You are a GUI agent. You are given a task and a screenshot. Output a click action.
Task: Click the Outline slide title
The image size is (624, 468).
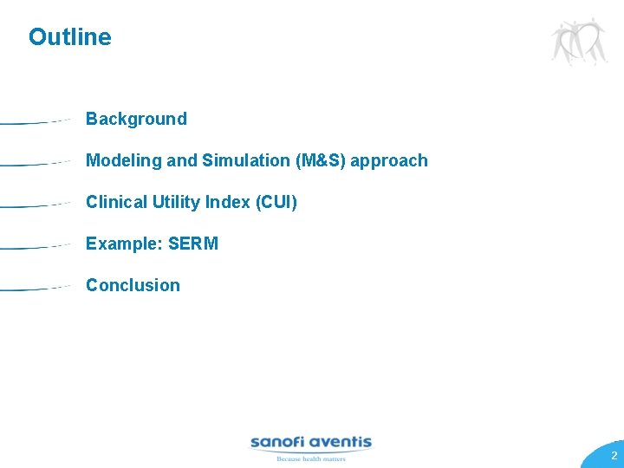coord(69,37)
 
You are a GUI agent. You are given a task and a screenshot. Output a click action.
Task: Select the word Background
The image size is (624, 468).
coord(136,119)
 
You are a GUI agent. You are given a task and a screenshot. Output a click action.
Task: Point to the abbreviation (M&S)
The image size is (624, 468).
coord(320,160)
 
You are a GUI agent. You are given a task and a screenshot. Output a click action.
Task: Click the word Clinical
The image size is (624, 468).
coord(116,202)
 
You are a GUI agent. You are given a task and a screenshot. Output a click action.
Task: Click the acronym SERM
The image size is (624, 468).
coord(193,244)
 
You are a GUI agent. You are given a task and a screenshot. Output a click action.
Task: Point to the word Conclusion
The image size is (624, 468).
coord(133,285)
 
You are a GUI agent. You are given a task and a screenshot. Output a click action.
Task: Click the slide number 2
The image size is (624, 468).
coord(614,456)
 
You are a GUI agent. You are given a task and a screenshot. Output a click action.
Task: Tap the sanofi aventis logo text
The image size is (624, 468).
coord(310,442)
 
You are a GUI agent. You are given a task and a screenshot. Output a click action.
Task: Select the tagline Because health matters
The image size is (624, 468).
coord(310,458)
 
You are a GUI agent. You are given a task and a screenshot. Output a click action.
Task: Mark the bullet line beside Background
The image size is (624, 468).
coord(35,122)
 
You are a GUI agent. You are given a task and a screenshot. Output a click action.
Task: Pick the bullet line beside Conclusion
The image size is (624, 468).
coord(35,289)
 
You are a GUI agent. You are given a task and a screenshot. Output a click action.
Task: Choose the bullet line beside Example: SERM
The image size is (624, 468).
coord(35,247)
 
